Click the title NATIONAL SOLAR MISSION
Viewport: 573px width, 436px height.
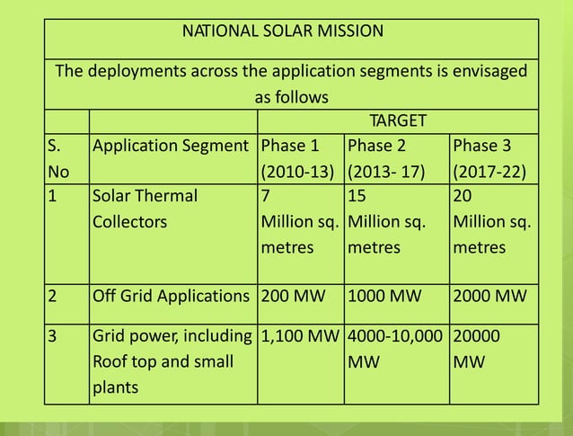(x=283, y=32)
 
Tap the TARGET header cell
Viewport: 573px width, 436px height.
(x=398, y=121)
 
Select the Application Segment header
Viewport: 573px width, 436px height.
(x=171, y=146)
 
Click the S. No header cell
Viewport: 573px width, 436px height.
(x=65, y=158)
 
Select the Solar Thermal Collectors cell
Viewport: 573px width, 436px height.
(x=144, y=208)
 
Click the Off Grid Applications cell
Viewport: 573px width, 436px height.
(x=171, y=296)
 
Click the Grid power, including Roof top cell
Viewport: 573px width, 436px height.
(x=171, y=362)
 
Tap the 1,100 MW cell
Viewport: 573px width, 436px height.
(x=299, y=338)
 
